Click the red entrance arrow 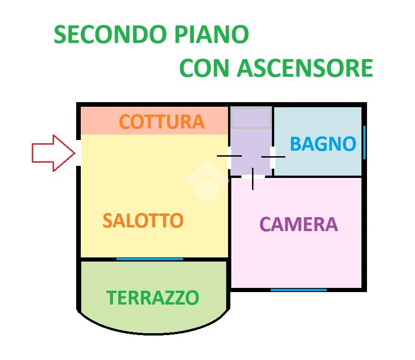[x=54, y=153]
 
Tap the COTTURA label [x=162, y=122]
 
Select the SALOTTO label [x=143, y=220]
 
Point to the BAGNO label [x=323, y=144]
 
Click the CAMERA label [x=299, y=225]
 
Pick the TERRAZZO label [x=152, y=298]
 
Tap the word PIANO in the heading [x=211, y=35]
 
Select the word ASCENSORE [x=305, y=68]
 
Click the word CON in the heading [x=204, y=68]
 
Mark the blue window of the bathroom [x=364, y=142]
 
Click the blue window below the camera [x=299, y=290]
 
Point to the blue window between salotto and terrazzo [x=150, y=259]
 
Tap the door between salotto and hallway [x=229, y=156]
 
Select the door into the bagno [x=273, y=157]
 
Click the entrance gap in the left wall [x=78, y=153]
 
